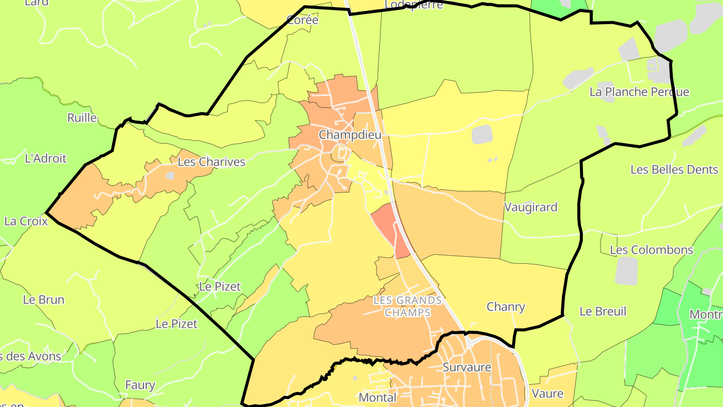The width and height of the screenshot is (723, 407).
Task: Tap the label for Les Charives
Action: click(x=211, y=162)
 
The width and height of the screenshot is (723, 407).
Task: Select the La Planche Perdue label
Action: click(x=639, y=92)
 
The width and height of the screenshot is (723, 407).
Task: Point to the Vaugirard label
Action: click(x=531, y=207)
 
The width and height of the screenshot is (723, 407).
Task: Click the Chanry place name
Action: click(x=506, y=307)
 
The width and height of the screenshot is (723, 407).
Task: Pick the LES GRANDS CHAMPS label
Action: click(x=408, y=307)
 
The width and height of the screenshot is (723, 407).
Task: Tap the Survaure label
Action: click(x=466, y=367)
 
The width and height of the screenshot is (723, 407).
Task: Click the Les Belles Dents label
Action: click(x=674, y=169)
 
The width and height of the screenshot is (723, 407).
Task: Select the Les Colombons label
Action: click(x=651, y=250)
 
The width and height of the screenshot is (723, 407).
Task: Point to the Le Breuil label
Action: click(x=602, y=311)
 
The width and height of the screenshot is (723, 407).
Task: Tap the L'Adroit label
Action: click(x=45, y=158)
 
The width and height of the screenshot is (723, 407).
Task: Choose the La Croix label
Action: click(x=26, y=221)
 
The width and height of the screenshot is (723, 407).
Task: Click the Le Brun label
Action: click(x=44, y=299)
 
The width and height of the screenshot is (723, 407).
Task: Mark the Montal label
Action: click(x=377, y=397)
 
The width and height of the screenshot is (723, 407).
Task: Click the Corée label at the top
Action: click(x=302, y=20)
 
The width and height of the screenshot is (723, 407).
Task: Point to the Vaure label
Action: click(x=547, y=393)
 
